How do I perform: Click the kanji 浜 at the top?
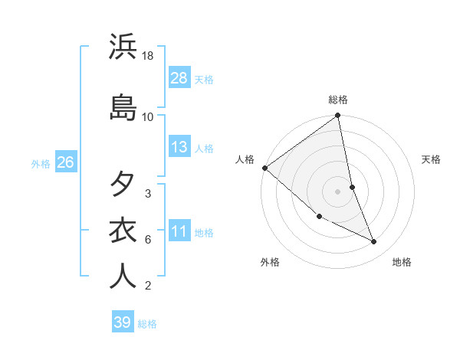click(x=123, y=47)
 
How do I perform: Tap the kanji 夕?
click(x=123, y=184)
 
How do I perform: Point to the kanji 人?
click(x=123, y=276)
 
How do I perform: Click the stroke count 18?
click(x=148, y=56)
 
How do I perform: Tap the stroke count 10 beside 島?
click(x=148, y=116)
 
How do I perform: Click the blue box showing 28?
click(x=179, y=78)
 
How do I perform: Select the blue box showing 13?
click(x=179, y=147)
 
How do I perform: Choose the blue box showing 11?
click(x=179, y=231)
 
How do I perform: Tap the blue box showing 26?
click(x=65, y=162)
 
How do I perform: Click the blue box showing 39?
click(x=123, y=322)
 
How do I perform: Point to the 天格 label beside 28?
click(x=204, y=80)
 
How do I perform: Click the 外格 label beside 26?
click(x=41, y=163)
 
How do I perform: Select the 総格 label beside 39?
click(x=147, y=324)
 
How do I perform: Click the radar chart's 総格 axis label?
click(x=338, y=100)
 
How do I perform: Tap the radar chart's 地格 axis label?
click(x=402, y=263)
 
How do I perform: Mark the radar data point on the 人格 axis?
click(x=264, y=168)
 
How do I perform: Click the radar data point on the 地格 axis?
click(x=374, y=242)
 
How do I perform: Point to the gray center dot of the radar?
click(x=337, y=191)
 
